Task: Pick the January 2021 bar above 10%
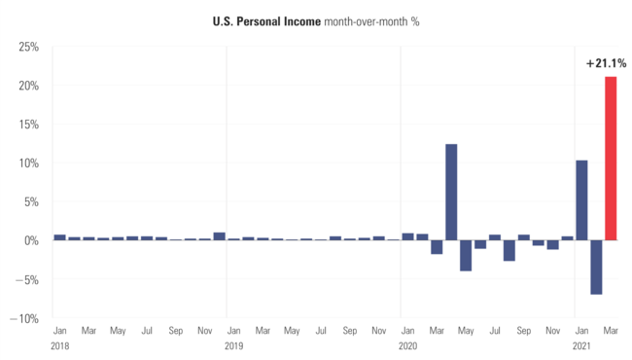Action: (581, 199)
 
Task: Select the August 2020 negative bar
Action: (509, 250)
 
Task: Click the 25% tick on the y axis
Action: (26, 47)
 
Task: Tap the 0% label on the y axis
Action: (29, 240)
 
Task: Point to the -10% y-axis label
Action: (24, 318)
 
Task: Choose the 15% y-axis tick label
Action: (26, 125)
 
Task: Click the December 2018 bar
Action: (219, 236)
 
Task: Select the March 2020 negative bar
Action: (437, 247)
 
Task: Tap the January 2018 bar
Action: (59, 237)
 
